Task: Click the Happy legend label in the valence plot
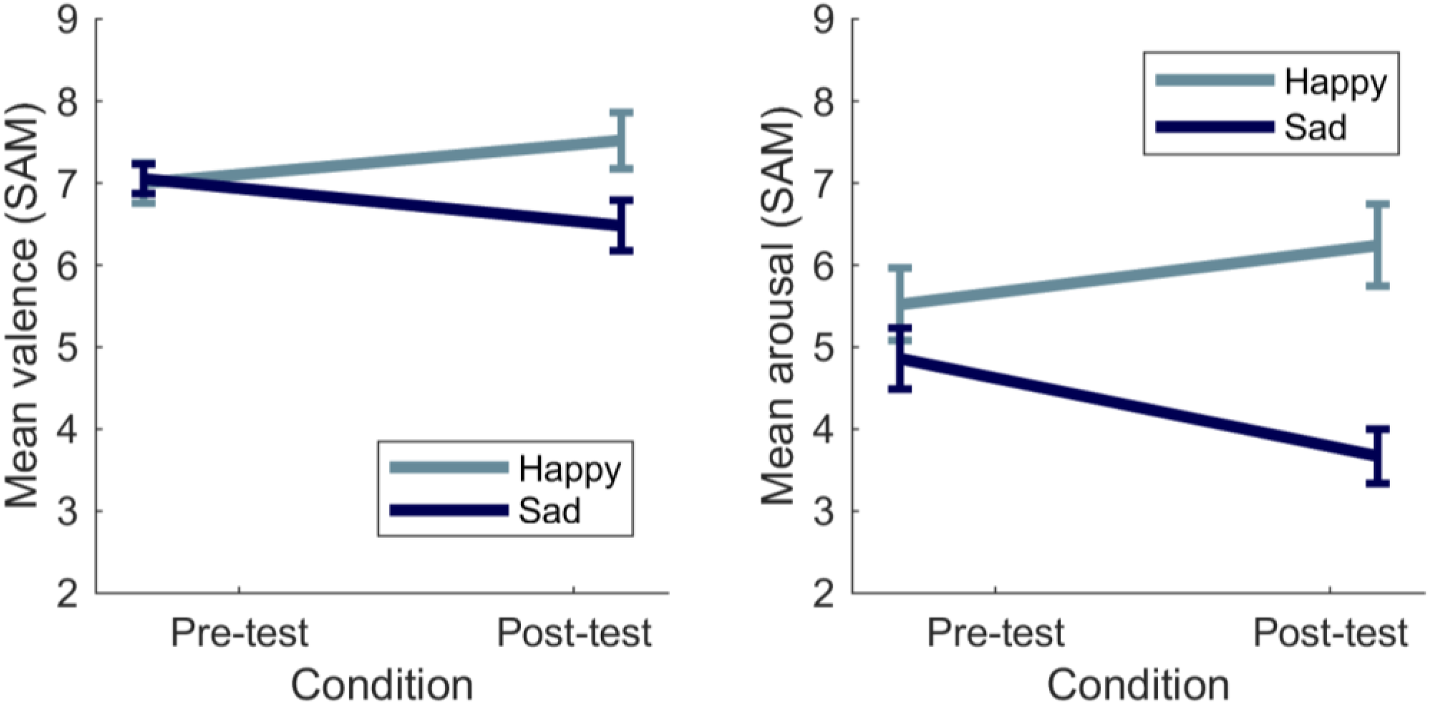click(x=570, y=471)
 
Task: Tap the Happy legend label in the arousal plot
click(x=1335, y=84)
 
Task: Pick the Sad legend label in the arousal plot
click(x=1315, y=127)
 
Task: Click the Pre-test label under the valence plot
click(x=239, y=633)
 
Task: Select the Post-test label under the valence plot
click(x=574, y=633)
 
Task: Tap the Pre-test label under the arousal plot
click(x=996, y=633)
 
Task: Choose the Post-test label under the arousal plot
click(x=1330, y=633)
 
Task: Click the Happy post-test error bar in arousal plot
click(x=1377, y=245)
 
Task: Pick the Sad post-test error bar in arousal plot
click(x=1377, y=456)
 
